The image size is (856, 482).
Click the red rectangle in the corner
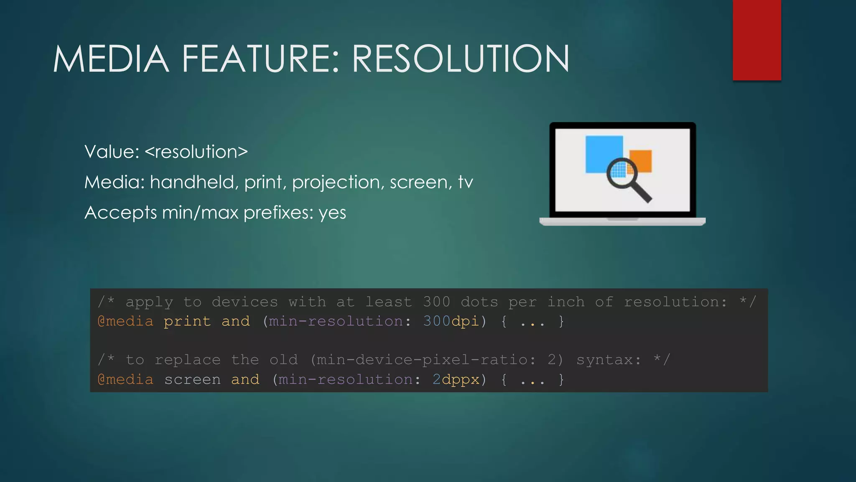[x=757, y=40]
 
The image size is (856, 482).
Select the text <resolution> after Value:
[x=196, y=152]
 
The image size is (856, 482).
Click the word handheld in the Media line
[x=194, y=182]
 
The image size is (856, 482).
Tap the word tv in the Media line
[x=465, y=182]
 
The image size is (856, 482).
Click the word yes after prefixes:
[x=332, y=213]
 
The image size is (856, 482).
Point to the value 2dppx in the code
[x=456, y=379]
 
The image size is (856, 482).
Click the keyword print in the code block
[x=187, y=321]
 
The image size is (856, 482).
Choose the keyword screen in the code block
[x=192, y=379]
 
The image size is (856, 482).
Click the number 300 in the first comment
[x=436, y=302]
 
